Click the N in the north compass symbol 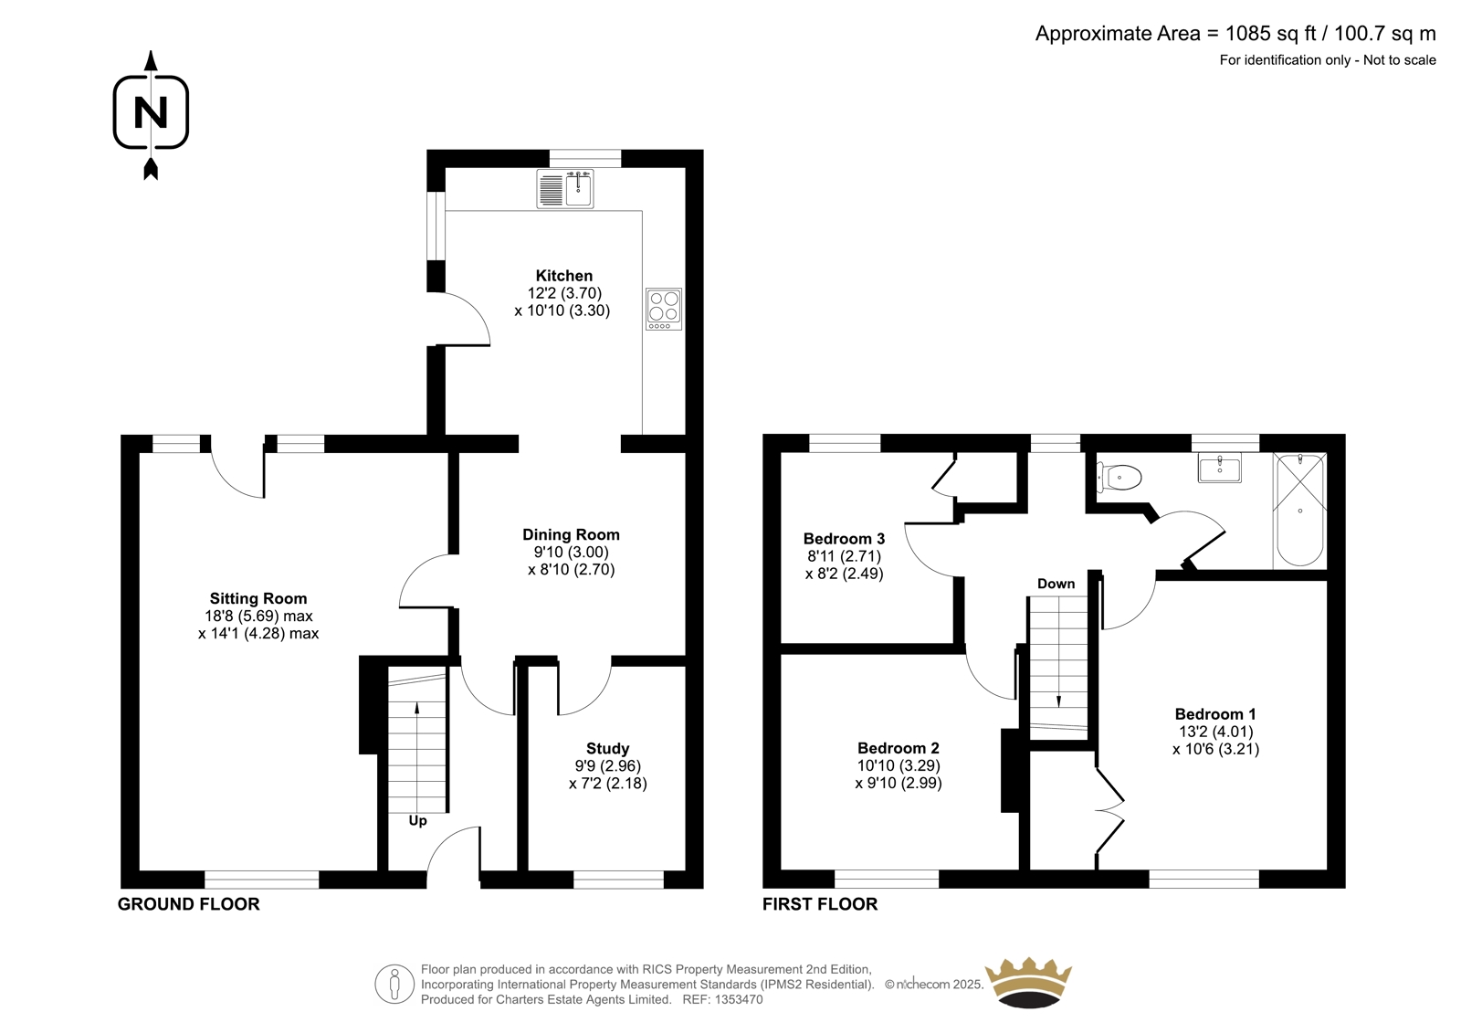(151, 112)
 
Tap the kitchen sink (565, 188)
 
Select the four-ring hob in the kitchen (664, 309)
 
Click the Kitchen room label (564, 276)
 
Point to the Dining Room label (571, 534)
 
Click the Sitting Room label (258, 598)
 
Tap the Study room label (607, 748)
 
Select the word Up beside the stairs (417, 821)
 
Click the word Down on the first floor (1056, 584)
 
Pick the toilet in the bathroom (1119, 478)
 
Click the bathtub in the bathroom (1300, 510)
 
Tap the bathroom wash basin (1220, 468)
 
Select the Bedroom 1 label (1215, 714)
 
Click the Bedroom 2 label (899, 748)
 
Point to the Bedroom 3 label (844, 538)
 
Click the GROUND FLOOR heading (188, 904)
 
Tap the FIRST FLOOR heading (820, 904)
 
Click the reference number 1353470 (739, 999)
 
